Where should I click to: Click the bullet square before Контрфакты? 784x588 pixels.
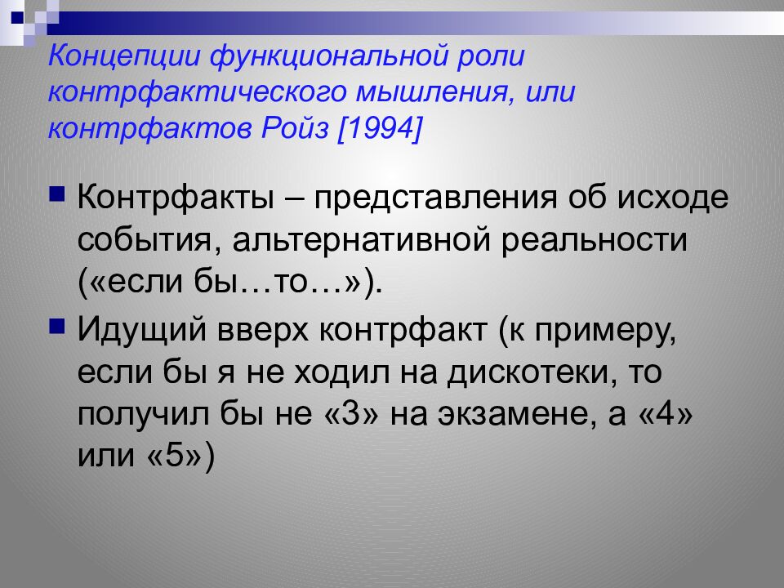58,194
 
